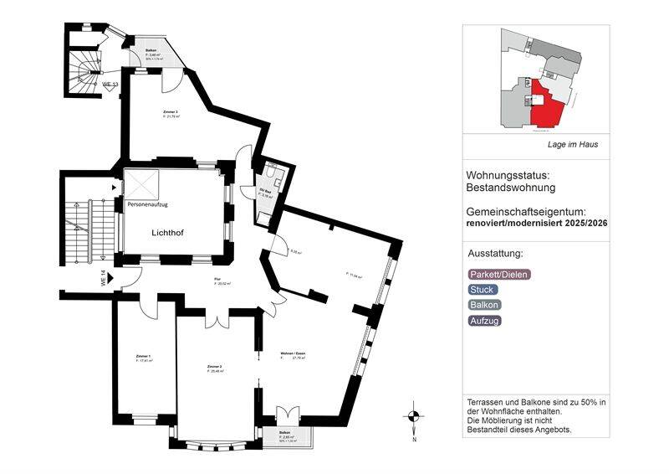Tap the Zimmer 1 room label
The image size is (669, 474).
143,357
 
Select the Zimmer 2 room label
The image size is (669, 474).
214,367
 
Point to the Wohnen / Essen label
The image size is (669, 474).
293,355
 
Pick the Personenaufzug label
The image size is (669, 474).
148,204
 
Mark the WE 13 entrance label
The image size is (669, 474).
110,85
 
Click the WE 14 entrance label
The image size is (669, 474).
105,278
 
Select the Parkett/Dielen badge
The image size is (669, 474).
499,274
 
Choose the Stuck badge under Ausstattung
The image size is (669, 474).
483,290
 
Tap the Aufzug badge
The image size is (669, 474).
485,320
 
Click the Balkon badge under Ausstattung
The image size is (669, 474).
485,305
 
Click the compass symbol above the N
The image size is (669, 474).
412,415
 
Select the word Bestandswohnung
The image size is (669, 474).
511,188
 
